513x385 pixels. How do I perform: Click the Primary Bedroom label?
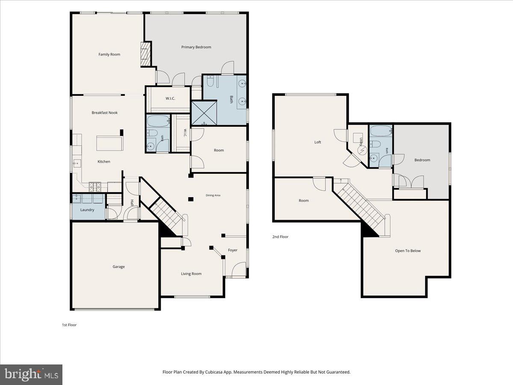coord(196,47)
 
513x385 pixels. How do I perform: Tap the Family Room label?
coord(109,54)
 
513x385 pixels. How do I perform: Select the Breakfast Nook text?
coord(104,113)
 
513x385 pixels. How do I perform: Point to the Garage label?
coord(118,267)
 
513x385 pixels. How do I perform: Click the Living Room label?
coord(191,274)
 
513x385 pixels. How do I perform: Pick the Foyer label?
coord(233,250)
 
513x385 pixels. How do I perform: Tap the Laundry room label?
coord(87,210)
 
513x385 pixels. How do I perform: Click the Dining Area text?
coord(213,195)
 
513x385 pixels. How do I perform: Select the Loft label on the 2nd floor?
coord(318,142)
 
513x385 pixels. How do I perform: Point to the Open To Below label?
coord(408,251)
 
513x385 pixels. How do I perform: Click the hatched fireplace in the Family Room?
coord(146,54)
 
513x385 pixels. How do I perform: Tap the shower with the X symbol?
coord(204,113)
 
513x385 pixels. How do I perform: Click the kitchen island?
coord(109,144)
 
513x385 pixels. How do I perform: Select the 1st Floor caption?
coord(69,325)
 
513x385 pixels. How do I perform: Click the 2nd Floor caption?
coord(280,237)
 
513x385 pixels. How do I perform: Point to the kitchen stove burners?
coord(95,187)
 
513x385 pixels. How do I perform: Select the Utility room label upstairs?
coord(361,142)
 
